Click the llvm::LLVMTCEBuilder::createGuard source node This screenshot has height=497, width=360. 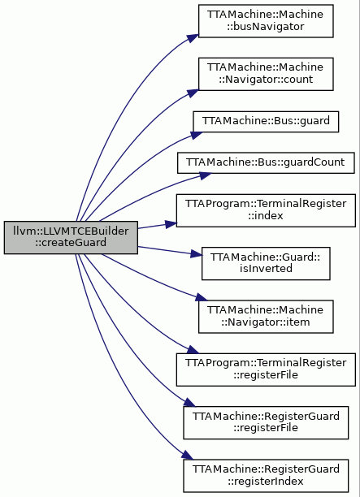tap(71, 237)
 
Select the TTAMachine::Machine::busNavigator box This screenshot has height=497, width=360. tap(266, 21)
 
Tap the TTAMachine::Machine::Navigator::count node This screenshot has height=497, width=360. tap(266, 74)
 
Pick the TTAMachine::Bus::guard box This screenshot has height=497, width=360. tap(266, 121)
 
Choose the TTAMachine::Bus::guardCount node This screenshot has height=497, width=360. tap(266, 162)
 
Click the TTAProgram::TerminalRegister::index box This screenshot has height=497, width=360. tap(266, 210)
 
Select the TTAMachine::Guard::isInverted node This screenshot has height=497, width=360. tap(266, 263)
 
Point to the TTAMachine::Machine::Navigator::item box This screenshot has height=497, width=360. tap(266, 317)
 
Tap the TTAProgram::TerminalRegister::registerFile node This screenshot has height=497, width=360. tap(266, 370)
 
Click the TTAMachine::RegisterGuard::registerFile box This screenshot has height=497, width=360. tap(266, 422)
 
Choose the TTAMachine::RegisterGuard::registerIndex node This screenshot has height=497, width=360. tap(266, 475)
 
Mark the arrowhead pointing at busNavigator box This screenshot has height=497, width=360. tap(193, 37)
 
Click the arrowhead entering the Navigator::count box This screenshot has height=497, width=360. tap(193, 93)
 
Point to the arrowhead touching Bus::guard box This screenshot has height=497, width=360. tap(197, 136)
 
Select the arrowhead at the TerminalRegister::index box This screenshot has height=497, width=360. tap(171, 224)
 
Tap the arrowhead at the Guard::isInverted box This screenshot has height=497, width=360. tap(196, 254)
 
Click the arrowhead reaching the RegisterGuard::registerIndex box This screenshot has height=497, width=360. tap(187, 455)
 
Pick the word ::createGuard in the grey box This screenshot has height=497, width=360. tap(71, 243)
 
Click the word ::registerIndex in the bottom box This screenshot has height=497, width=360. tap(266, 481)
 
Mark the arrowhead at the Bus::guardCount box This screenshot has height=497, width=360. tap(206, 175)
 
